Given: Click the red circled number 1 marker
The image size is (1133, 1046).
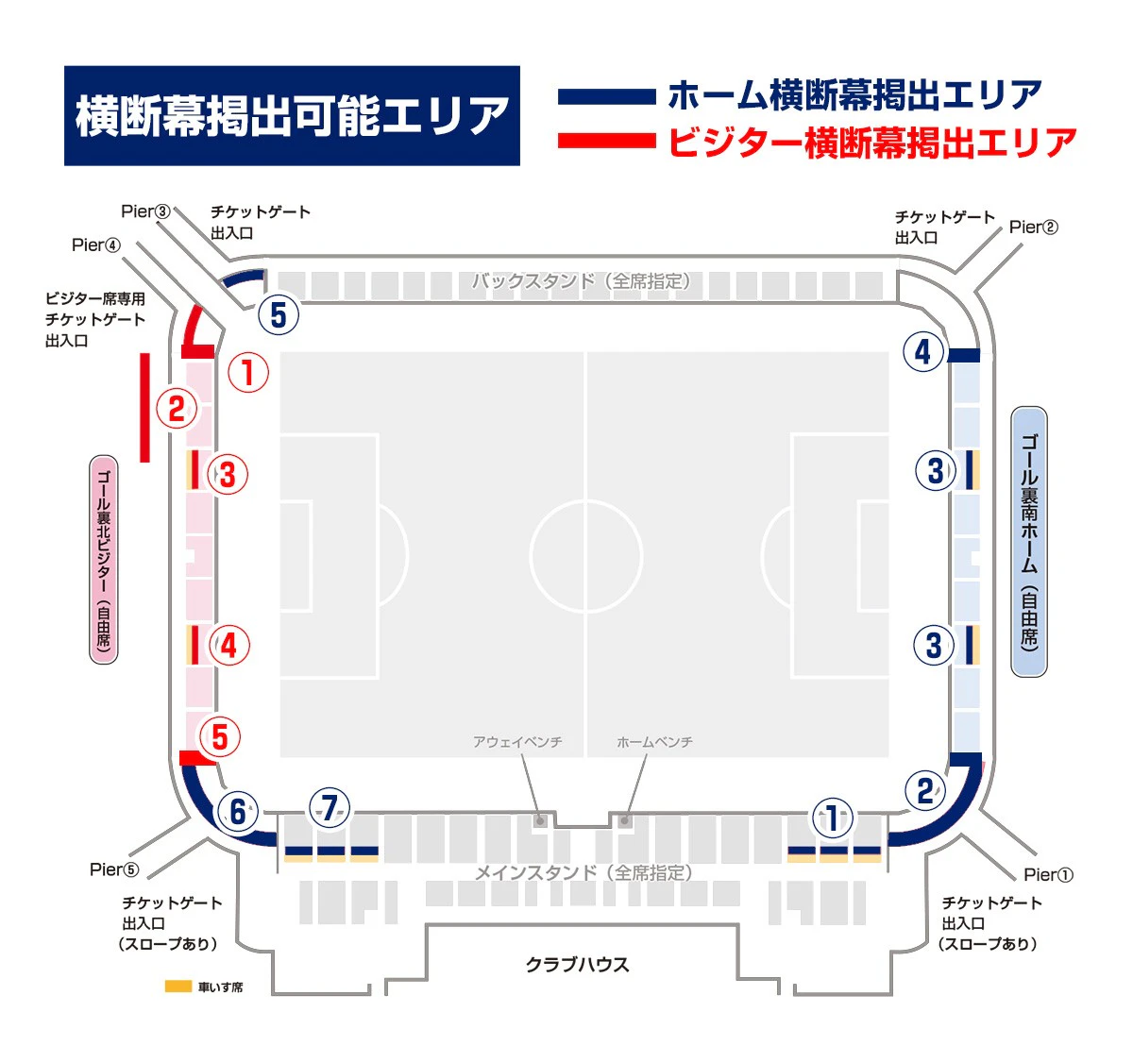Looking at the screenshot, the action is (248, 372).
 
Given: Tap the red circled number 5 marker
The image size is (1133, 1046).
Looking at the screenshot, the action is (219, 736).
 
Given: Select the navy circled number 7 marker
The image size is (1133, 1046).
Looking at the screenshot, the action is (330, 808).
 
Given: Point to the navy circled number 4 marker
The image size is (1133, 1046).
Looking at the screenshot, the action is (923, 351).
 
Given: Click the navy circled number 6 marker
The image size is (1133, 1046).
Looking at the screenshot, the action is (237, 812).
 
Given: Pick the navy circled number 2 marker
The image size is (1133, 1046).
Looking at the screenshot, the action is (924, 790).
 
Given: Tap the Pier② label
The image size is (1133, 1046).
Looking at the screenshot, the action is (1033, 228).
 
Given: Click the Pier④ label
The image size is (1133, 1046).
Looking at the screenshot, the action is (96, 245).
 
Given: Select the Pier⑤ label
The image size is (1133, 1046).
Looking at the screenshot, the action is (114, 869).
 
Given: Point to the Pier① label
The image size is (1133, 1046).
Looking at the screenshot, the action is (1048, 874).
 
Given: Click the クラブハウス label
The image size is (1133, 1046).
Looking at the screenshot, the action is (577, 964).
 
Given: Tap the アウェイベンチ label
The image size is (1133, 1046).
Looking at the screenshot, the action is (517, 741).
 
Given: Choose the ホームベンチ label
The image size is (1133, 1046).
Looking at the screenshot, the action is (654, 741).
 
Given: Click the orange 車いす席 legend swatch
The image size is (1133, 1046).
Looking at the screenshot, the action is (178, 987).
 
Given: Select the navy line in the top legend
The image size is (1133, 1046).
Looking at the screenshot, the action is (606, 96).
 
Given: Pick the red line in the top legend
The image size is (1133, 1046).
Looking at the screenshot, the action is (606, 141).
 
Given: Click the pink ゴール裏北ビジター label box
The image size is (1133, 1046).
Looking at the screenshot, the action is (104, 559).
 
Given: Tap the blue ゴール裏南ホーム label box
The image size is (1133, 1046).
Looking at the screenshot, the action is (1028, 541).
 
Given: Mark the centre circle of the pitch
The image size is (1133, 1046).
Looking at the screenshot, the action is (586, 556).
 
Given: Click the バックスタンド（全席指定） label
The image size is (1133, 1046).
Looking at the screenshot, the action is (582, 280).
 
